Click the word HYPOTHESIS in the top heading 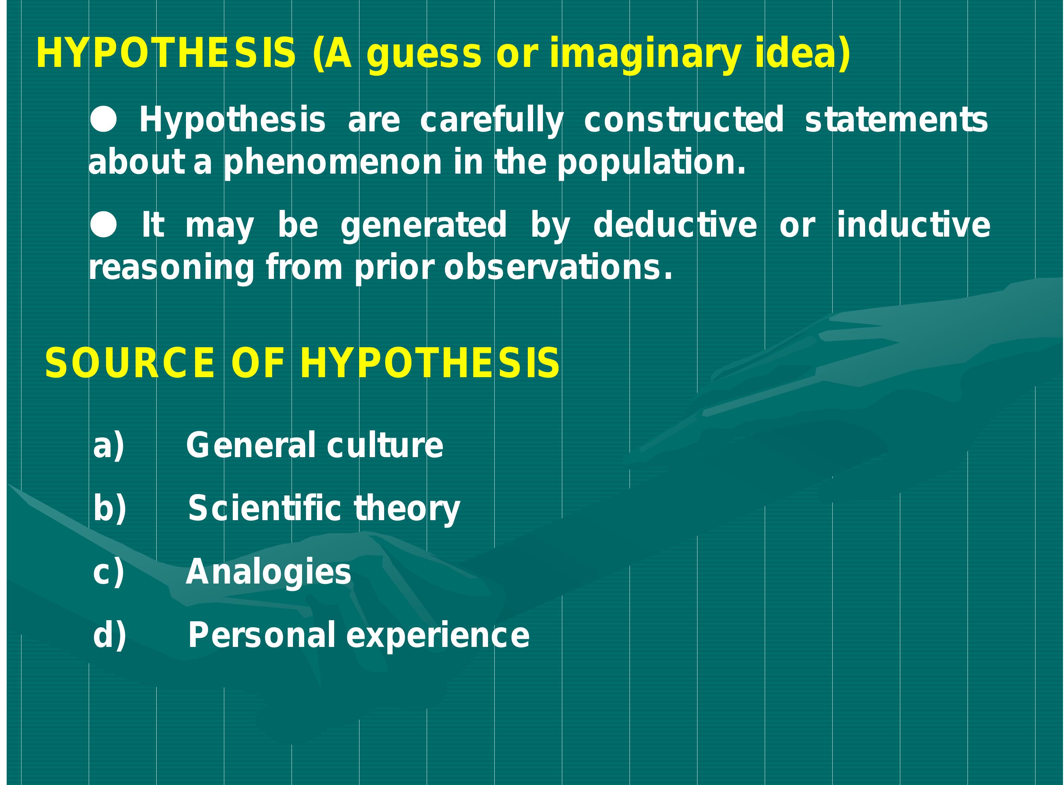[x=166, y=53]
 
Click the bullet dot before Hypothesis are [x=103, y=119]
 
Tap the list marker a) [x=109, y=446]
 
